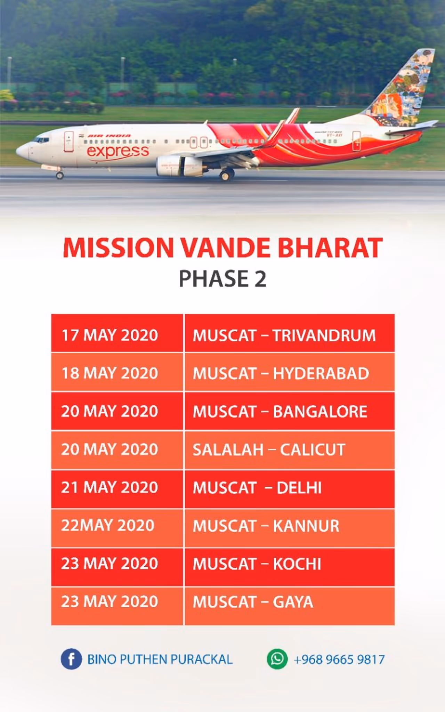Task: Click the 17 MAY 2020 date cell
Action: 117,333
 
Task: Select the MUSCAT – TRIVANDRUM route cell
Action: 290,333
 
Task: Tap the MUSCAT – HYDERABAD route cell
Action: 290,372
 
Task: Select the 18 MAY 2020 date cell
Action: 117,372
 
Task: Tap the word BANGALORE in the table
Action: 320,412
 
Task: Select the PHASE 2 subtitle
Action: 222,279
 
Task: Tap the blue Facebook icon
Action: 71,659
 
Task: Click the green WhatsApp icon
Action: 277,659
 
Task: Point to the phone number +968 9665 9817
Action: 339,660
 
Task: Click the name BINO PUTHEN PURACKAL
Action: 160,660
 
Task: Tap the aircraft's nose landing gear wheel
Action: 60,176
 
